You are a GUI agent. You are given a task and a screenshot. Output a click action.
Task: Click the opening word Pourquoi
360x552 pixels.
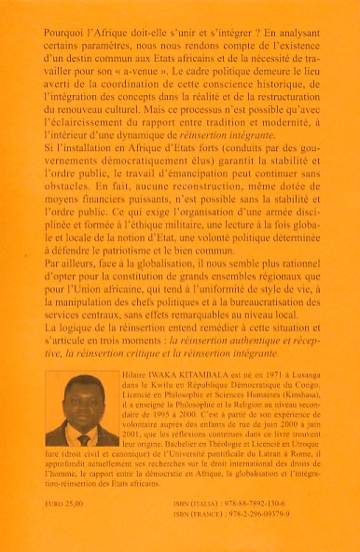point(67,30)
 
